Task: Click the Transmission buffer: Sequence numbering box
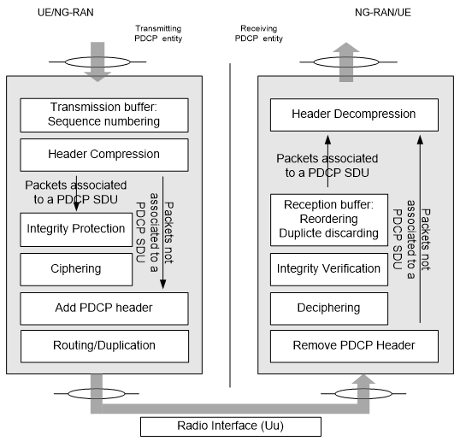tap(104, 115)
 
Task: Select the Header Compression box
tap(104, 155)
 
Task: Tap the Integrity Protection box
tap(76, 230)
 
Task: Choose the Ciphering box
tap(76, 269)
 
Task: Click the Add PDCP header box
tap(104, 309)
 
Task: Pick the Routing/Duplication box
tap(104, 346)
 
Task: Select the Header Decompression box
tap(354, 115)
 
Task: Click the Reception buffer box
tap(329, 220)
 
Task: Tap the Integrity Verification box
tap(329, 269)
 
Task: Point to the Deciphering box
tap(329, 309)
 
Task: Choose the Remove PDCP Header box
tap(354, 346)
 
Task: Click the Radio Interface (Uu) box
tap(231, 426)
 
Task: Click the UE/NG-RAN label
tap(66, 12)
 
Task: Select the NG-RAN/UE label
tap(383, 12)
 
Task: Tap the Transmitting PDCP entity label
tap(158, 33)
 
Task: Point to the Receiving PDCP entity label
tap(259, 33)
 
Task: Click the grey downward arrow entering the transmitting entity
tap(97, 62)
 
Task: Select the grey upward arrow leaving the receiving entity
tap(346, 62)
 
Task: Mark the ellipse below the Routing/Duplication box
tap(97, 393)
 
